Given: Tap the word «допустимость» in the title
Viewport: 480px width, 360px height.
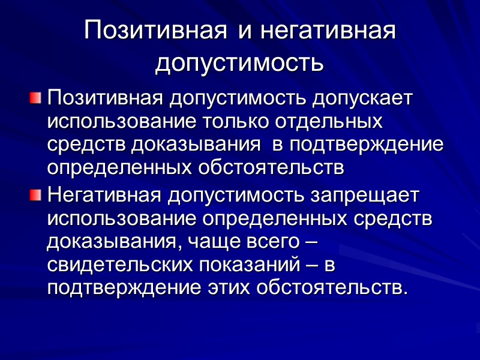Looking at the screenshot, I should coord(239,62).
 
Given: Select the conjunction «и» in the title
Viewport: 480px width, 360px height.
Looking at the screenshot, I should coord(244,31).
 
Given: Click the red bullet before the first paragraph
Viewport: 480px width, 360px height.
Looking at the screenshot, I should coord(37,97).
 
